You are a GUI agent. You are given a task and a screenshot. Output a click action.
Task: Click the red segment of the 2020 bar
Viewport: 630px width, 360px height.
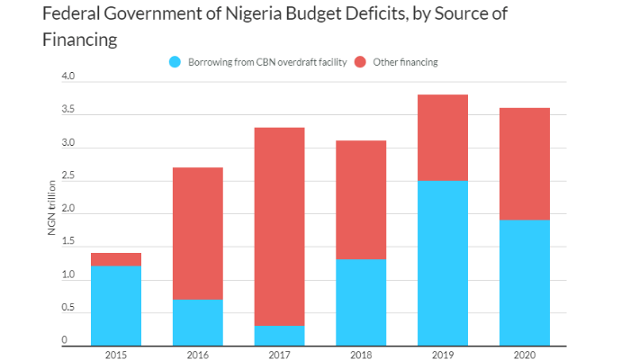point(523,164)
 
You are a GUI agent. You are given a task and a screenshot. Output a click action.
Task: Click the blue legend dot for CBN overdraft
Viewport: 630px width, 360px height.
point(175,62)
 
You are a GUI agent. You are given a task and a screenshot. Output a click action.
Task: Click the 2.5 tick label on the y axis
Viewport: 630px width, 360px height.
point(68,177)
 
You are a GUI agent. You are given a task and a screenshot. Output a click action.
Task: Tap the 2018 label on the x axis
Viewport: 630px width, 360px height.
point(359,354)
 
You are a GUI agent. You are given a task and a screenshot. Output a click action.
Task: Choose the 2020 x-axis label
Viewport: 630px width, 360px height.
point(523,354)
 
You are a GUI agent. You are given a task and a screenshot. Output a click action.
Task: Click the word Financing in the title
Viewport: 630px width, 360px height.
point(80,40)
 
